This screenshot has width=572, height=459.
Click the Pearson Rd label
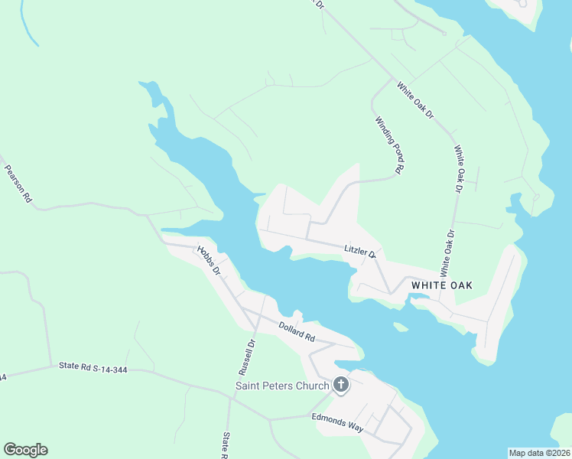click(x=18, y=184)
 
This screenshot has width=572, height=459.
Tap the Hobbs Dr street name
click(x=207, y=260)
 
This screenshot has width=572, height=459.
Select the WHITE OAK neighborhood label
click(x=441, y=285)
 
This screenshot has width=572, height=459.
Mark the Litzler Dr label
click(x=360, y=250)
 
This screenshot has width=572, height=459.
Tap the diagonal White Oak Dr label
click(x=414, y=99)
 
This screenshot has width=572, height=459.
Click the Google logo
click(x=25, y=450)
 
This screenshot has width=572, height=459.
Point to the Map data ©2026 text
click(x=539, y=453)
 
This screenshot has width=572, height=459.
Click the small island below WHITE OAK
click(x=400, y=327)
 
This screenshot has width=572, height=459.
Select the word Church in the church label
click(x=313, y=386)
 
